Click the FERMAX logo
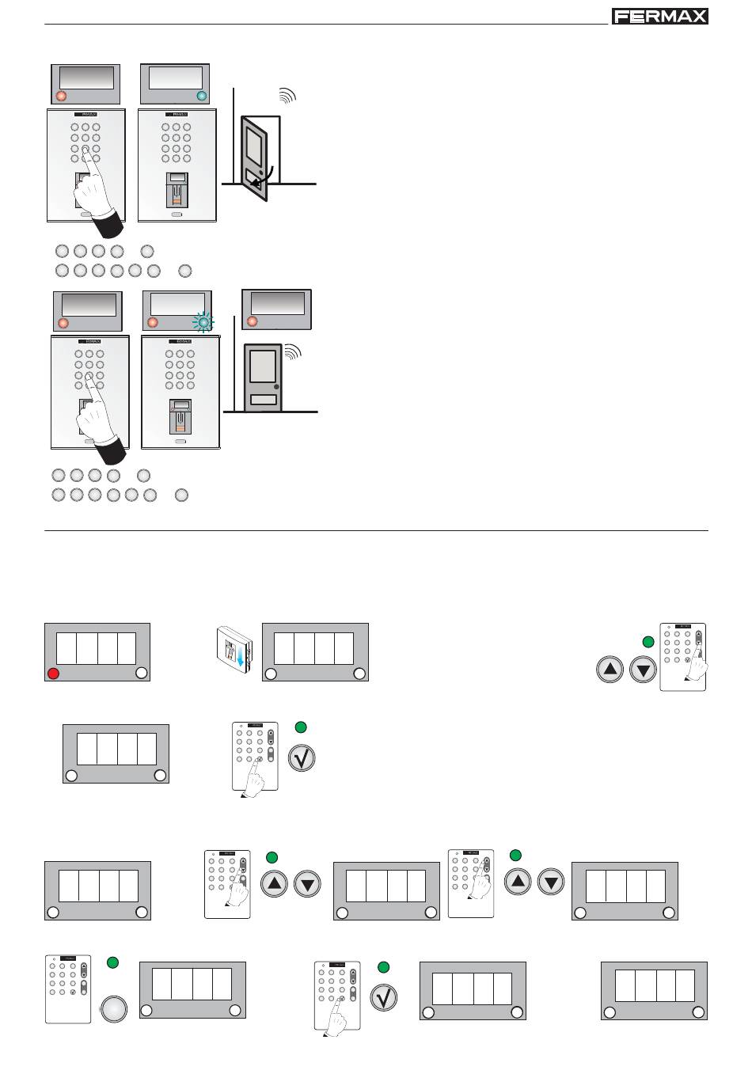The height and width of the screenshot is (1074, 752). tap(659, 17)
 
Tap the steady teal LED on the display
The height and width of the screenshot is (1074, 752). tap(200, 96)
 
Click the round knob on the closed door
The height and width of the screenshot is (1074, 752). tap(276, 387)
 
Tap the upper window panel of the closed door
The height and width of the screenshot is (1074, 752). tap(262, 366)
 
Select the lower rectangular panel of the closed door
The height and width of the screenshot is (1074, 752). tap(263, 400)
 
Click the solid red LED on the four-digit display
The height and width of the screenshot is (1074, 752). tap(54, 674)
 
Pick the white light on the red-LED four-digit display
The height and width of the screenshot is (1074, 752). tap(142, 673)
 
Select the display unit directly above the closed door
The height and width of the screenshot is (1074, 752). tap(276, 308)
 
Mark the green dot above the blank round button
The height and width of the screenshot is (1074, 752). tap(112, 962)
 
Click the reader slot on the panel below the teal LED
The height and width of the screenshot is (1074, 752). tap(177, 188)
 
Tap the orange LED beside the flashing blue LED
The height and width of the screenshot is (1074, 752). tap(153, 322)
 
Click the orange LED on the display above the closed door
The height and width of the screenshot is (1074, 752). tap(253, 321)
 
